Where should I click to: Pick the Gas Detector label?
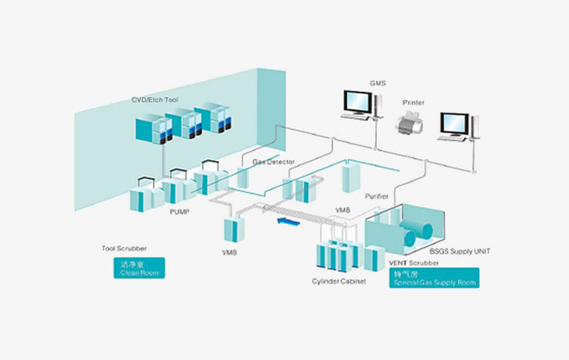[274, 162]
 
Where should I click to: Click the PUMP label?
[179, 211]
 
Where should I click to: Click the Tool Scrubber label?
[124, 248]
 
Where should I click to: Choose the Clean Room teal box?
[137, 268]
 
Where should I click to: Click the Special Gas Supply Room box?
[435, 277]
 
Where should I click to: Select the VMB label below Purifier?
[343, 211]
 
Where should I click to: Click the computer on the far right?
[456, 127]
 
